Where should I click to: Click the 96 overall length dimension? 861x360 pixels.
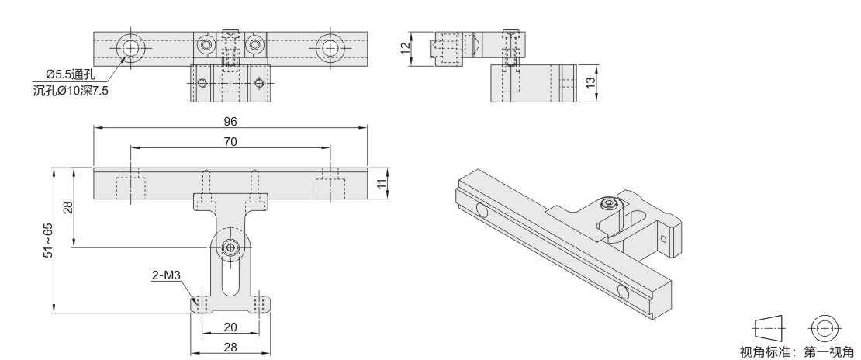click(230, 122)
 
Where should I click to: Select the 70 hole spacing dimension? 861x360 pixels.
click(230, 142)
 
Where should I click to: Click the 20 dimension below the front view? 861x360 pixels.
click(230, 327)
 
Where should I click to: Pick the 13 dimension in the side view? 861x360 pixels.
click(590, 83)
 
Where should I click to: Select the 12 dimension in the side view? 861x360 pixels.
click(406, 49)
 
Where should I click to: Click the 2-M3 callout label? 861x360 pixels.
click(166, 275)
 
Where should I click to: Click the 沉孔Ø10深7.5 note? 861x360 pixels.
click(71, 91)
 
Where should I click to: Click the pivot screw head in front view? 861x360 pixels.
click(230, 247)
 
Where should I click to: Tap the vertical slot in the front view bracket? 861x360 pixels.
click(230, 278)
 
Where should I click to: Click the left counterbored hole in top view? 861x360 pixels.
click(130, 48)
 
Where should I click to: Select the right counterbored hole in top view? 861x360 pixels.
click(330, 48)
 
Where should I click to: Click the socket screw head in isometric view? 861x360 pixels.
click(607, 205)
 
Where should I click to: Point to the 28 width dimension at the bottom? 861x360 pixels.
click(230, 347)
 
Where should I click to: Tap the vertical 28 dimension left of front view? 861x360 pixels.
click(67, 207)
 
